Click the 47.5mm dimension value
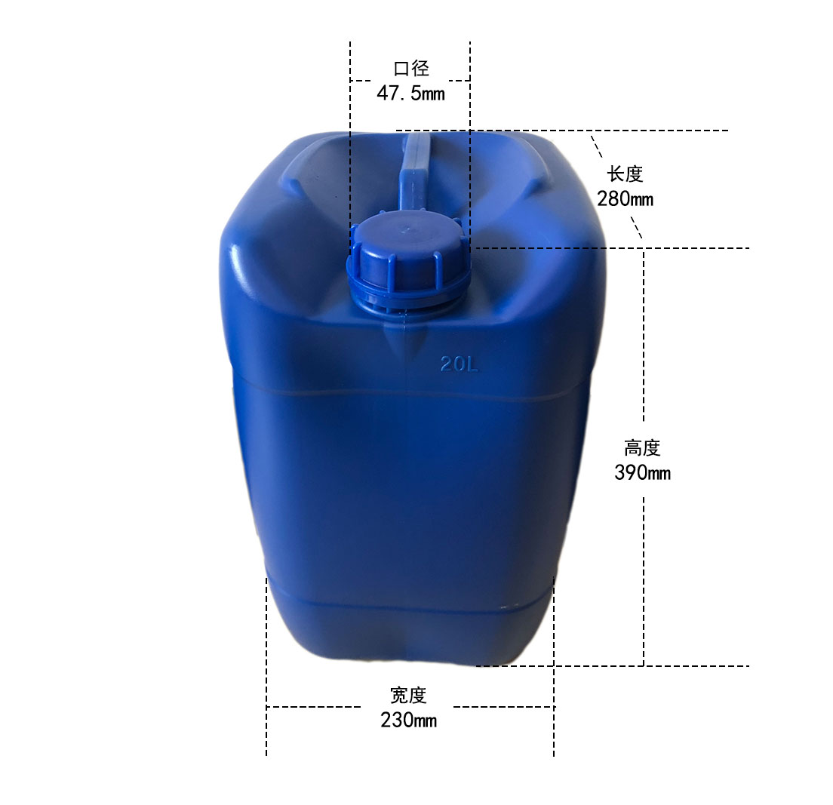[410, 94]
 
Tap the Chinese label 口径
[411, 69]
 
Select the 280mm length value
[625, 199]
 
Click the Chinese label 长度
[625, 174]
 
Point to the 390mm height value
[642, 473]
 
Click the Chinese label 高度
[642, 448]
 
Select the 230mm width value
[408, 720]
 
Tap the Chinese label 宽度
[408, 695]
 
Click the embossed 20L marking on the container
[460, 364]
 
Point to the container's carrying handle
[416, 170]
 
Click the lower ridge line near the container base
[407, 604]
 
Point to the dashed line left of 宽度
[313, 707]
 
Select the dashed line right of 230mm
[502, 707]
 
